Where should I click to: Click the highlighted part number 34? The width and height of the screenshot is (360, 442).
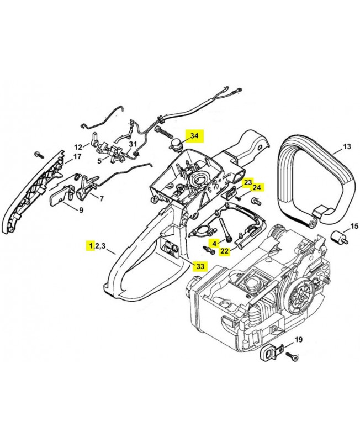click(194, 135)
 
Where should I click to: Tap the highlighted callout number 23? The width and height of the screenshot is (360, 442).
click(248, 182)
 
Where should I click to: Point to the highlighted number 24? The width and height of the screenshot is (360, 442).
click(257, 187)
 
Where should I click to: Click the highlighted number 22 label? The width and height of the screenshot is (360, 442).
click(225, 250)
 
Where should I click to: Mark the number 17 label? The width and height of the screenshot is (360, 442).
click(77, 156)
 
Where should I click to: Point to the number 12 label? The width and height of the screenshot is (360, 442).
click(78, 147)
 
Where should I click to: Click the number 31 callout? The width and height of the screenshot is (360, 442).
click(133, 144)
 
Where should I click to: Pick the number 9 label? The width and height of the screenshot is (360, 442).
click(81, 209)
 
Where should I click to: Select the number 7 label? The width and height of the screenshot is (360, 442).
click(101, 198)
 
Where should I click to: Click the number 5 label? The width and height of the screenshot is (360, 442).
click(99, 161)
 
